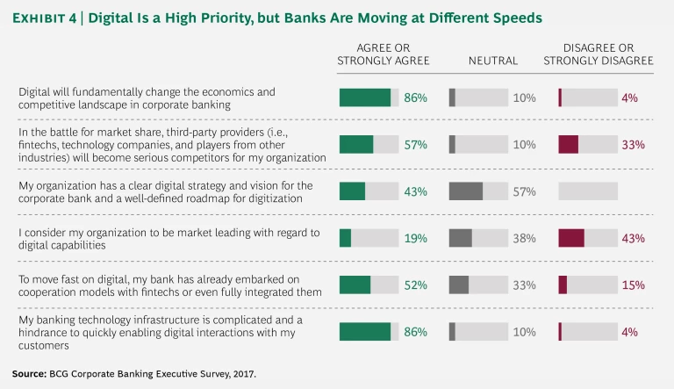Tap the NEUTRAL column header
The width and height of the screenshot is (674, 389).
point(492,61)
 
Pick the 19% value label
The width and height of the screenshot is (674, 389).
point(415,238)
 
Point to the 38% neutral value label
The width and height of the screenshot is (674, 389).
point(524,238)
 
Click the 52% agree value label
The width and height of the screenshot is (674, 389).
point(415,285)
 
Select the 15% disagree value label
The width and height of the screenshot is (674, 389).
point(633,285)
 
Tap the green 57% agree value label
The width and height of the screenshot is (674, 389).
point(415,144)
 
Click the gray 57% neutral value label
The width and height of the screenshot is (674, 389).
point(524,191)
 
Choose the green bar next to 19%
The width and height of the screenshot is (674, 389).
point(345,238)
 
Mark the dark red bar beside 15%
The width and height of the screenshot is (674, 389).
point(563,285)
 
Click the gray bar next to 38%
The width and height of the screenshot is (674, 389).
point(460,238)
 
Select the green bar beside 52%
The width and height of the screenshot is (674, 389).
point(355,285)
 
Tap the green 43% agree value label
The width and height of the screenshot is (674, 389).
point(415,191)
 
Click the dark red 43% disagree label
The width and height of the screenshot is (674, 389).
point(633,238)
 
